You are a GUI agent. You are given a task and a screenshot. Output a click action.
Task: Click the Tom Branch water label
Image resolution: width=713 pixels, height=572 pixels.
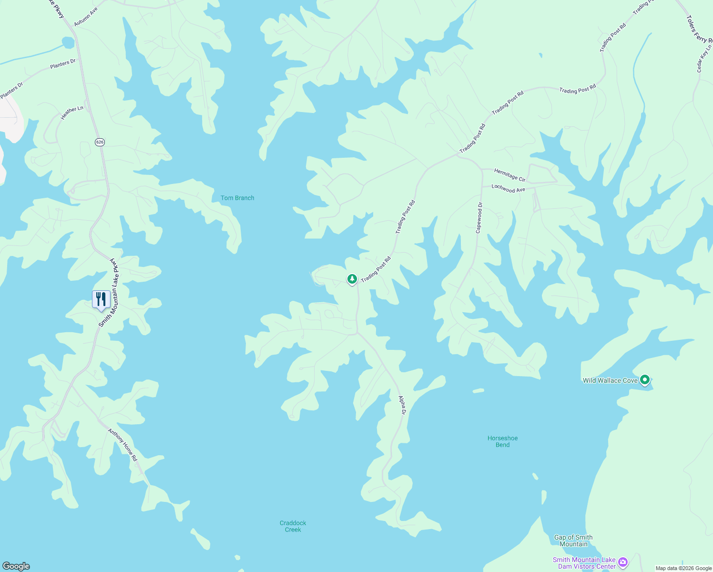(237, 198)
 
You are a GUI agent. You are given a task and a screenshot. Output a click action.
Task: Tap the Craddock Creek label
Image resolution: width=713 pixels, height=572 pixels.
(293, 526)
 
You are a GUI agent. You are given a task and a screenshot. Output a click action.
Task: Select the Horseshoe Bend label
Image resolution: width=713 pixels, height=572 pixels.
(502, 441)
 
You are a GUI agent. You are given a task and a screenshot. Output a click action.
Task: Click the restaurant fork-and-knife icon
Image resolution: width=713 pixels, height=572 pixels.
(101, 299)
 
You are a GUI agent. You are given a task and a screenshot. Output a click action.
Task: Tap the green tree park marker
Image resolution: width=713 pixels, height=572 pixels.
(352, 279)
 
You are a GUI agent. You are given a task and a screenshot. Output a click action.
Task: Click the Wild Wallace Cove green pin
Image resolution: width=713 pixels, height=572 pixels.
(645, 380)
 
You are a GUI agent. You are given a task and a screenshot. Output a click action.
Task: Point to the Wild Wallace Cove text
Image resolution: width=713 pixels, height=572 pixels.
(610, 380)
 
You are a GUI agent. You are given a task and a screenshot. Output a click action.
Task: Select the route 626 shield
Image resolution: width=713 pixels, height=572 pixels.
(100, 142)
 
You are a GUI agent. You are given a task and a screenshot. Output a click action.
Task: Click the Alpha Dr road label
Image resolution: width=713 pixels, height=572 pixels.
(402, 405)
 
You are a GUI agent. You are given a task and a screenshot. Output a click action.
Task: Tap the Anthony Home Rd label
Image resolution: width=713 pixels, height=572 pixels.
(122, 445)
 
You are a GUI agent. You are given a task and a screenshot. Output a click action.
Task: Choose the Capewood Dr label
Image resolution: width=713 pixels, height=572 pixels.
(479, 218)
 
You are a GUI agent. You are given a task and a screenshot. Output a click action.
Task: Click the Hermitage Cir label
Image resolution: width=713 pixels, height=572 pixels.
(509, 175)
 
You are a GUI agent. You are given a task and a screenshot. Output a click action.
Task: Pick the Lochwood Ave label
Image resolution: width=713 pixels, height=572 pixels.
(508, 189)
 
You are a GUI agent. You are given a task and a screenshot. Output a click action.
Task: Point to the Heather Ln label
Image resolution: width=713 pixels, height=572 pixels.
(72, 112)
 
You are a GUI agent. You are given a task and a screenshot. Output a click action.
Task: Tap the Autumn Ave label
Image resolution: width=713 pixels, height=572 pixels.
(86, 17)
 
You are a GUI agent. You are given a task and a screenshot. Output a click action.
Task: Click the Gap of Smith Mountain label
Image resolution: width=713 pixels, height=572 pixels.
(573, 541)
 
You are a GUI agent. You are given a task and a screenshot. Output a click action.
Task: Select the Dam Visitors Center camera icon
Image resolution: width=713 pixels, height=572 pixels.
(622, 563)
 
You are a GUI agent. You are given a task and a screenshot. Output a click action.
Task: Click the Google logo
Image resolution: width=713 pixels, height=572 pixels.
(16, 566)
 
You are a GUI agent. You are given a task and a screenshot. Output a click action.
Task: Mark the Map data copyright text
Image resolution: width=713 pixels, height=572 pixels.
(683, 568)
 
